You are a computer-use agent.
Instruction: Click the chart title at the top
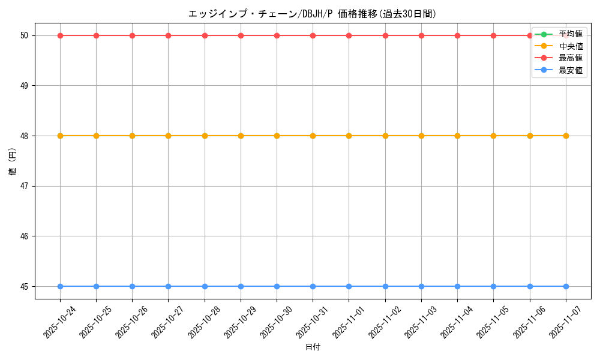tap(312, 13)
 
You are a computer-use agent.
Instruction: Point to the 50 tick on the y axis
tap(25, 35)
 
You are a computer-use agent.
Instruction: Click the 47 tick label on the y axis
tap(25, 186)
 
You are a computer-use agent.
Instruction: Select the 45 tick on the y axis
tap(25, 286)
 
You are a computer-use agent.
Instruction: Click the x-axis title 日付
tap(313, 347)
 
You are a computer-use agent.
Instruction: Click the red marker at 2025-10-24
tap(60, 35)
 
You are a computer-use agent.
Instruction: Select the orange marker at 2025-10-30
tap(277, 136)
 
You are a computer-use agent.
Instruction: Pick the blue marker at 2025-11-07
tap(566, 286)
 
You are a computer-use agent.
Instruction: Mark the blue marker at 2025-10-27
tap(168, 286)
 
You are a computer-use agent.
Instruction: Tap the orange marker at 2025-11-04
tap(457, 136)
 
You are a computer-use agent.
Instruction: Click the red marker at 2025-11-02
tap(385, 35)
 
